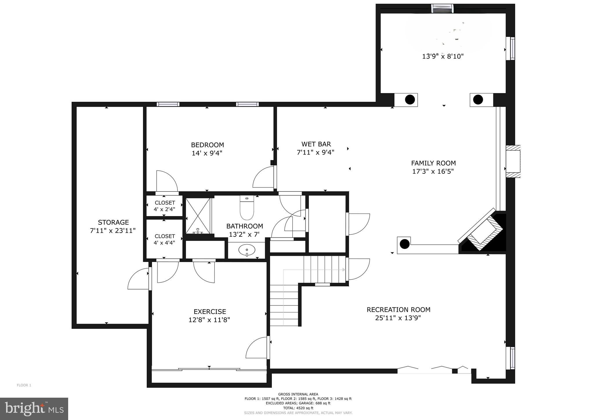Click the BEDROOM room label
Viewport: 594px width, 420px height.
click(207, 145)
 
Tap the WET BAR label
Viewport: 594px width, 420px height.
click(316, 144)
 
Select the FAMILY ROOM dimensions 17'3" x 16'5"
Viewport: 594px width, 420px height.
click(433, 171)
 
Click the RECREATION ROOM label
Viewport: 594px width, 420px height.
click(398, 309)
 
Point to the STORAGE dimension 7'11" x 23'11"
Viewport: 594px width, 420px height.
click(113, 231)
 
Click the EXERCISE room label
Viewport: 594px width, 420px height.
click(210, 312)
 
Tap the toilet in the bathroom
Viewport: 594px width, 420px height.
click(247, 208)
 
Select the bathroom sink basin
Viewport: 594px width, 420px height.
click(247, 250)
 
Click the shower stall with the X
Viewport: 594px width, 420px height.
click(198, 216)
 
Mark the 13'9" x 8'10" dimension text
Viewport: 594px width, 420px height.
click(443, 56)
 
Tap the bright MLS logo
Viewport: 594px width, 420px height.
click(34, 409)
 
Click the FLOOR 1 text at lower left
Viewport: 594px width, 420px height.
click(24, 385)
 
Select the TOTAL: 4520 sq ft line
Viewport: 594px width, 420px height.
click(298, 408)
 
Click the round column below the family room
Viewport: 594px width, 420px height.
click(404, 244)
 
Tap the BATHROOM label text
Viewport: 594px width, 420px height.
click(245, 226)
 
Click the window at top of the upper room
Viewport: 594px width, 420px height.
click(442, 8)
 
